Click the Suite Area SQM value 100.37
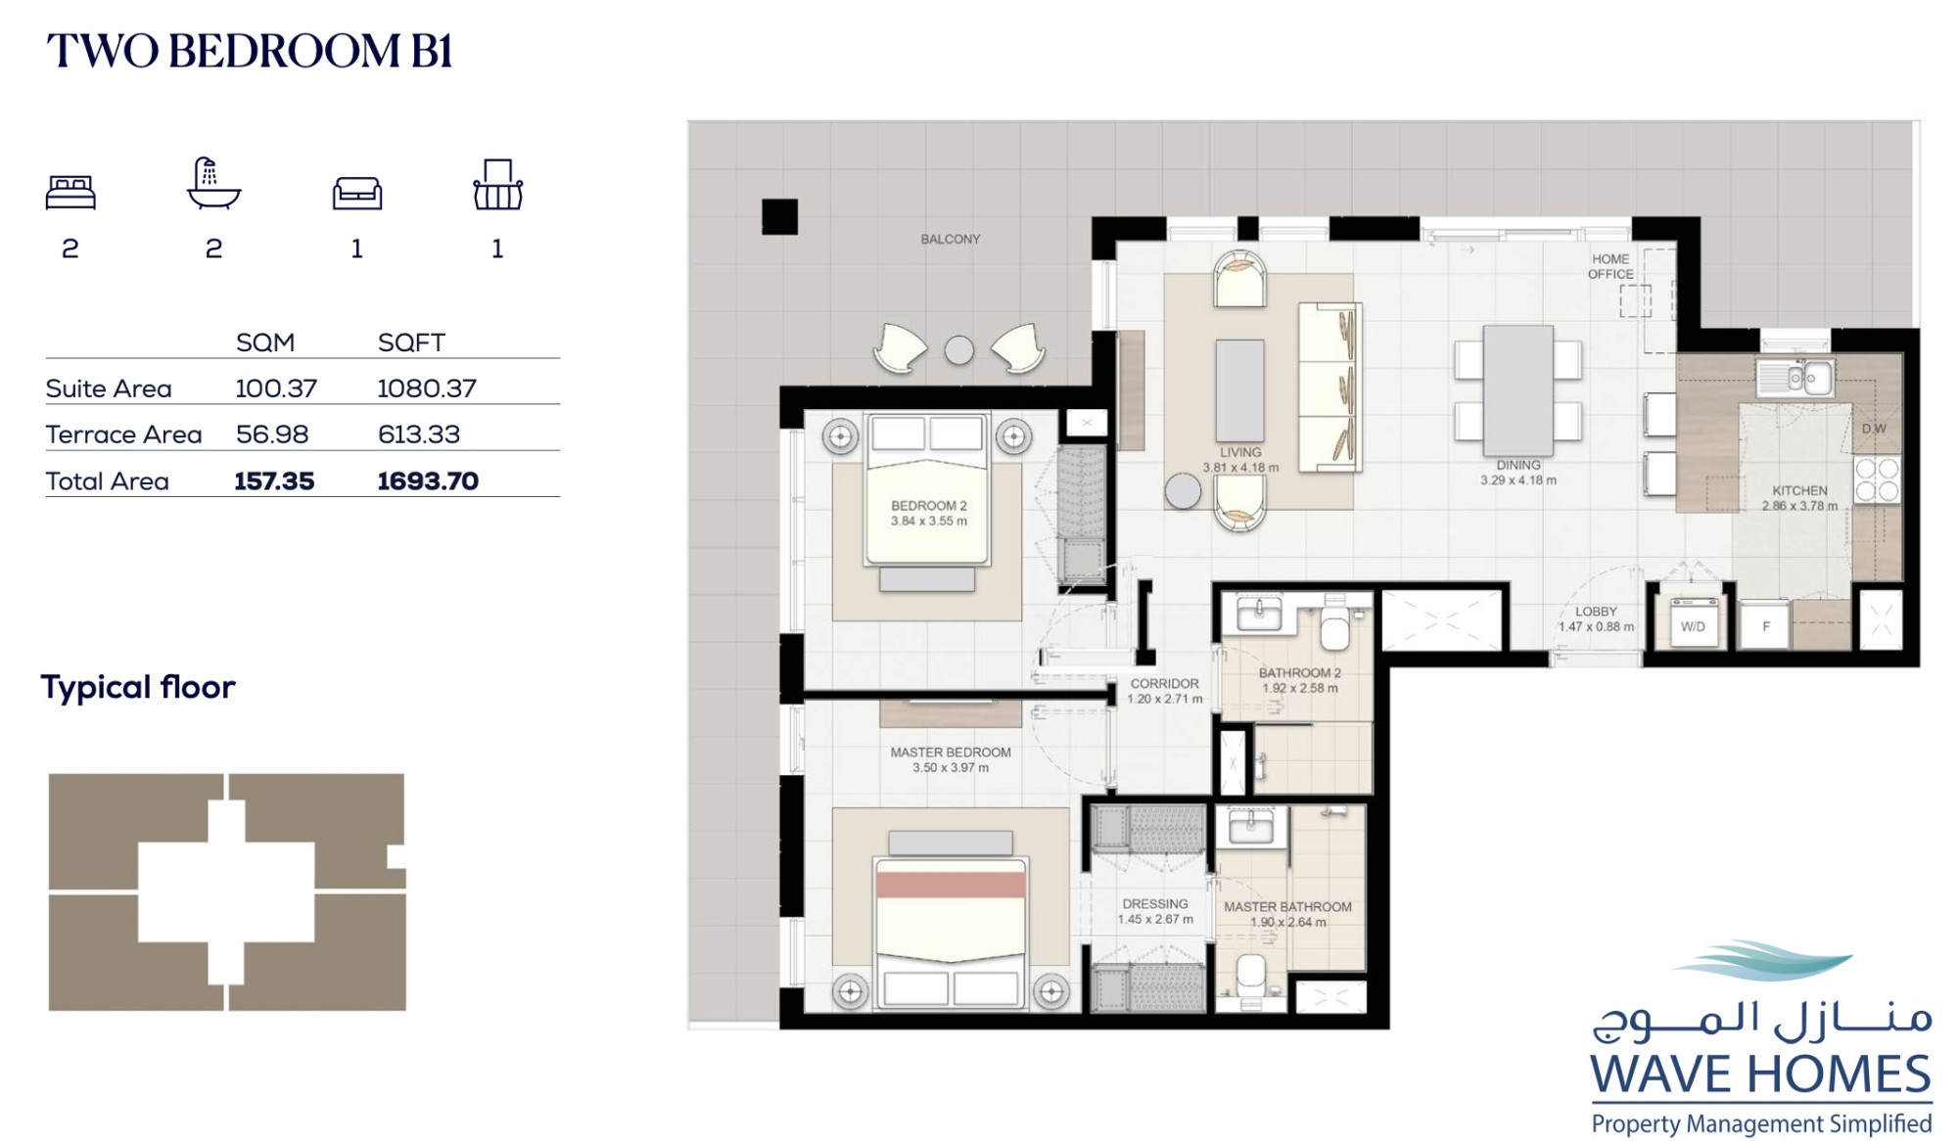[x=276, y=388]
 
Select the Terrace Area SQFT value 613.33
[x=419, y=434]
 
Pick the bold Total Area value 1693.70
[x=428, y=481]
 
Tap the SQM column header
[x=265, y=342]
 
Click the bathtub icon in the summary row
[x=213, y=183]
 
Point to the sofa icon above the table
[x=357, y=193]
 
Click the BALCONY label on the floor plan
[x=950, y=239]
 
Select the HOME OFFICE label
[x=1610, y=266]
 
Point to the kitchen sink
[x=1795, y=378]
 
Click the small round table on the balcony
[x=959, y=350]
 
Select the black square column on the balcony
[x=779, y=216]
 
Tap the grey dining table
[x=1517, y=390]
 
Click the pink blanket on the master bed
[x=951, y=885]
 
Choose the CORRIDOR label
[x=1164, y=684]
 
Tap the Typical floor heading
[x=138, y=687]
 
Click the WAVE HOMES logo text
[x=1760, y=1074]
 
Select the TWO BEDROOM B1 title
[x=250, y=51]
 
